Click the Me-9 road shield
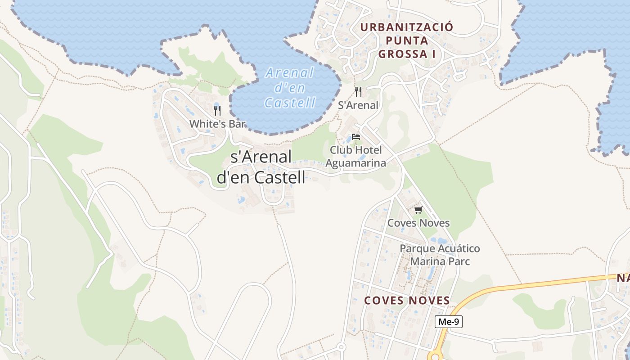pyautogui.click(x=449, y=322)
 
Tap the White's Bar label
pyautogui.click(x=217, y=124)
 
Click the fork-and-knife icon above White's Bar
pyautogui.click(x=217, y=110)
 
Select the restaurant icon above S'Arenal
pyautogui.click(x=358, y=92)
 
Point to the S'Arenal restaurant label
pyautogui.click(x=358, y=105)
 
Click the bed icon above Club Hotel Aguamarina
pyautogui.click(x=356, y=136)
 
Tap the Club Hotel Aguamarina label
pyautogui.click(x=355, y=156)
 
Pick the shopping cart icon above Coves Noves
pyautogui.click(x=418, y=210)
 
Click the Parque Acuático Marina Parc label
pyautogui.click(x=440, y=255)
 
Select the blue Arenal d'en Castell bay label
pyautogui.click(x=290, y=88)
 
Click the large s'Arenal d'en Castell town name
pyautogui.click(x=261, y=167)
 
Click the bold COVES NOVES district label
pyautogui.click(x=407, y=301)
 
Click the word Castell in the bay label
pyautogui.click(x=290, y=103)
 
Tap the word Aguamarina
pyautogui.click(x=355, y=163)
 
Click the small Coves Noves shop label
pyautogui.click(x=418, y=223)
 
